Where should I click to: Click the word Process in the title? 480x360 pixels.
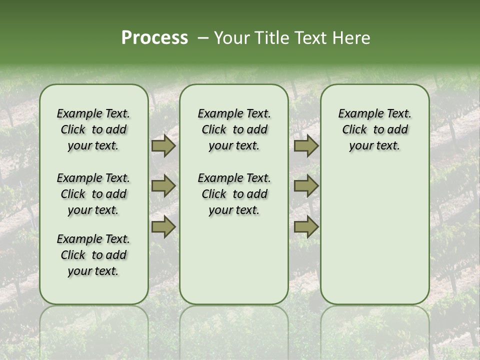(154, 38)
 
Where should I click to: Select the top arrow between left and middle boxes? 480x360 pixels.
(163, 146)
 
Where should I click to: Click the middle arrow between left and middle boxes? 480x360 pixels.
(163, 186)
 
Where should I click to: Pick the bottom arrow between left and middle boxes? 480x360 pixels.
(163, 227)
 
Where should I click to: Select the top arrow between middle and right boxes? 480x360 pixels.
(305, 146)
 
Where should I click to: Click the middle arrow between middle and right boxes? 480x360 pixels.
(305, 186)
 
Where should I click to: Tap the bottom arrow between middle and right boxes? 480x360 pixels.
(305, 227)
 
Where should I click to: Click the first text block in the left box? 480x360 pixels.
(93, 129)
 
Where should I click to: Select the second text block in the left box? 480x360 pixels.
(93, 194)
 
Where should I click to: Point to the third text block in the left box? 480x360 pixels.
(93, 255)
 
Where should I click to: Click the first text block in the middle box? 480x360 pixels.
(234, 129)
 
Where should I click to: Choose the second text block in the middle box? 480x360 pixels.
(234, 194)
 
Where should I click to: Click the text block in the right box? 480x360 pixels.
(374, 129)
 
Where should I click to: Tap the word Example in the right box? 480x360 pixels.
(356, 114)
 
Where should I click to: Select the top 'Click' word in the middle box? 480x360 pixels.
(214, 130)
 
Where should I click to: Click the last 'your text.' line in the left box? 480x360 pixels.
(93, 271)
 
